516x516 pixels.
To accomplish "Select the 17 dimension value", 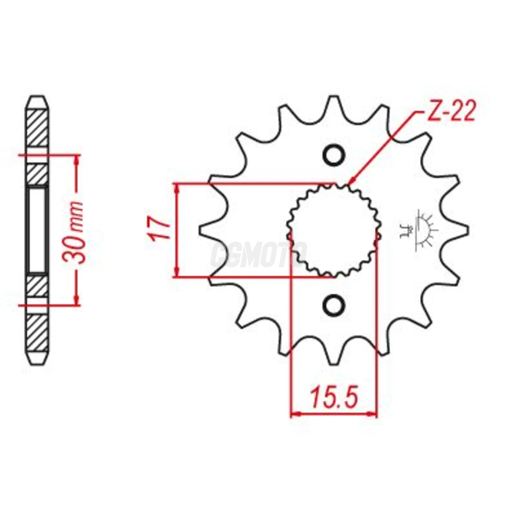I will click(160, 229).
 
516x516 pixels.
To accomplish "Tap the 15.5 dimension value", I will click(334, 397).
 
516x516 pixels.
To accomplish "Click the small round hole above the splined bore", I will click(334, 155).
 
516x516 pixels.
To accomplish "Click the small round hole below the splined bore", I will click(334, 305).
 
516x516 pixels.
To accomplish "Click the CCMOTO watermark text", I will click(258, 254).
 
